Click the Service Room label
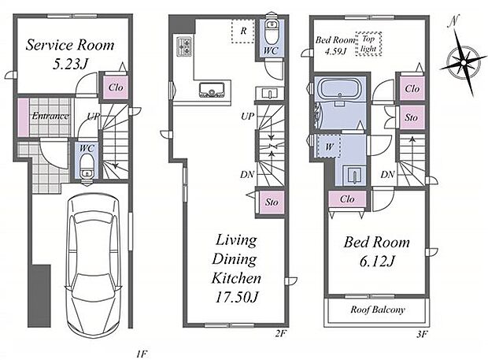pos(70,45)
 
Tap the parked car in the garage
pos(93,267)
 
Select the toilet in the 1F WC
pos(87,167)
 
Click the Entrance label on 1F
pos(50,116)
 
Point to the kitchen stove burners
pos(183,46)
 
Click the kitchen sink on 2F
pos(212,89)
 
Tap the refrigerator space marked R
pos(243,31)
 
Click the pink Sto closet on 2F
pos(272,202)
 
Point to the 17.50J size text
pos(236,298)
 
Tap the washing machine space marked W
pos(329,147)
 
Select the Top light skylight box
pos(368,44)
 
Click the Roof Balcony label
pos(378,310)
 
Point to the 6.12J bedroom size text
pos(377,261)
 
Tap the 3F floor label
pos(421,335)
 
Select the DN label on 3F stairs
pos(387,174)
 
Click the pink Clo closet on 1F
pos(116,87)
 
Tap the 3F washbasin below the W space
pos(354,175)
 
